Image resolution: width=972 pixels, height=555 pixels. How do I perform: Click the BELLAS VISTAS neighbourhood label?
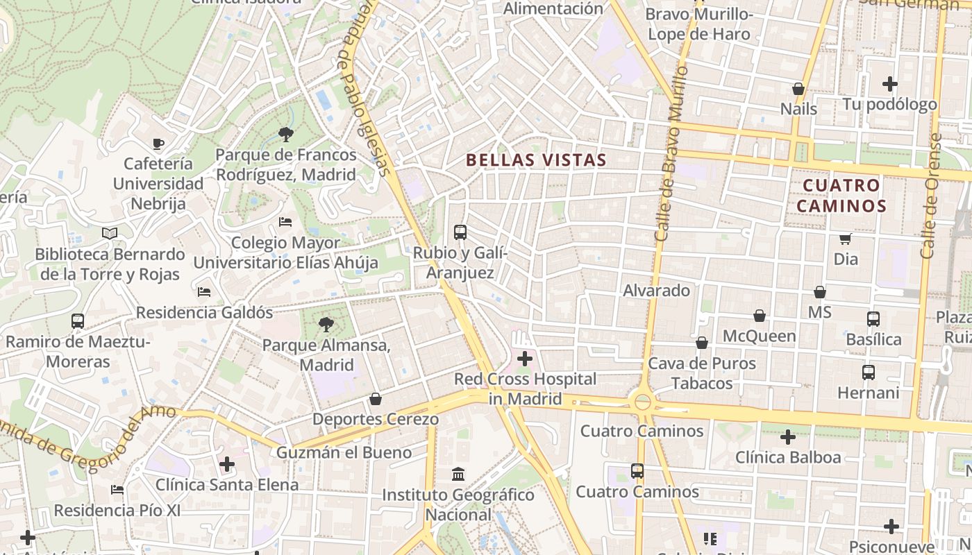(x=536, y=160)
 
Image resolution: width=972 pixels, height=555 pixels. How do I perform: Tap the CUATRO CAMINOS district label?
(x=841, y=196)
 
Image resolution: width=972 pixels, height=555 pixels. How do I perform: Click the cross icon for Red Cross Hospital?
(x=525, y=359)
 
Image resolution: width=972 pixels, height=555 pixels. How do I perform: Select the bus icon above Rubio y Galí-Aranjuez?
(x=460, y=232)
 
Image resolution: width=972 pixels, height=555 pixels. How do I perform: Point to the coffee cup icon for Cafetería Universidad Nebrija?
(x=158, y=144)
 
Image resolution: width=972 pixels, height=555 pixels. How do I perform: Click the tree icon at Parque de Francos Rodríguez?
(x=285, y=134)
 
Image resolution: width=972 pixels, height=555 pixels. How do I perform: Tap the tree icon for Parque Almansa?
(x=326, y=323)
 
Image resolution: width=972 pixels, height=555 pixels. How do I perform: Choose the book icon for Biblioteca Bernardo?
(x=110, y=233)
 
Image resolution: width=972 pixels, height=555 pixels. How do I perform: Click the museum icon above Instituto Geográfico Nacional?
(x=458, y=475)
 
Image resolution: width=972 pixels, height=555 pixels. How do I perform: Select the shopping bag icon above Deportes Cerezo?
(x=376, y=399)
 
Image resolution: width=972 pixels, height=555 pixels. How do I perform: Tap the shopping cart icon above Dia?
(x=846, y=239)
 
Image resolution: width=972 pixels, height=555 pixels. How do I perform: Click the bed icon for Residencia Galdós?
(x=204, y=292)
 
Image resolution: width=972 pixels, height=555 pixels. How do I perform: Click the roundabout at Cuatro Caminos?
(x=643, y=402)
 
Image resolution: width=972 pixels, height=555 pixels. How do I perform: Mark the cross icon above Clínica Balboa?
(x=787, y=437)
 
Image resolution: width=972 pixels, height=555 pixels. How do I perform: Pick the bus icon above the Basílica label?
(x=873, y=319)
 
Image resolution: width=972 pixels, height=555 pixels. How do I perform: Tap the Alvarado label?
(x=656, y=290)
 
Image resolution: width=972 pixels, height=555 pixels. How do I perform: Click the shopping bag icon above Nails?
(x=798, y=89)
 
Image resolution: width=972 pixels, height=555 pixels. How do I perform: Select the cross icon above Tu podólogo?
(x=890, y=84)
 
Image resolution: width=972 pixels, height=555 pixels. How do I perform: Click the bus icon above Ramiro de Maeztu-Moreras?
(x=78, y=321)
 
